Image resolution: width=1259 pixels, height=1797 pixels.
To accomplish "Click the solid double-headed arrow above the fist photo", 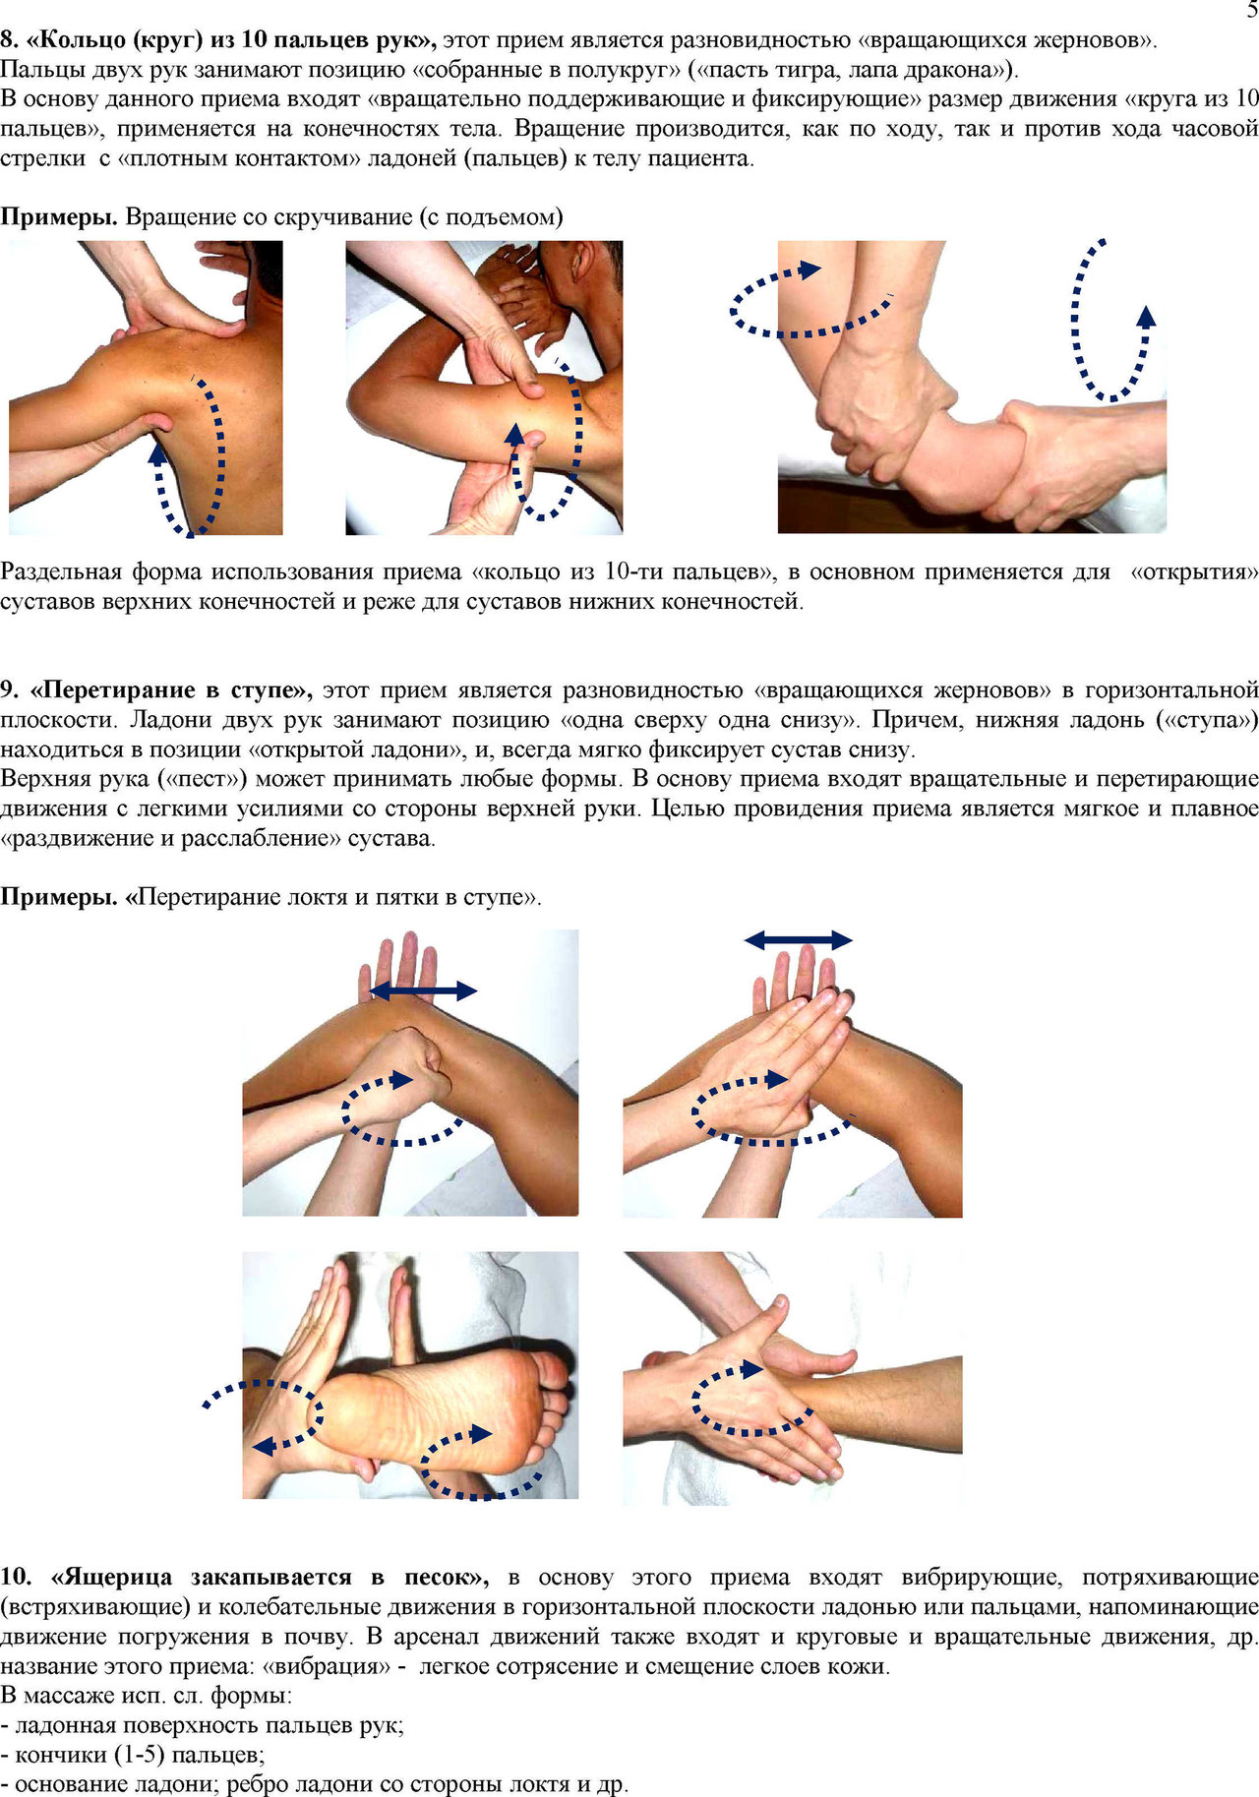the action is pos(424,990).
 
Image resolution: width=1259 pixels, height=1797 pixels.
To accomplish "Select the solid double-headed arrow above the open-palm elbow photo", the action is pos(798,939).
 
